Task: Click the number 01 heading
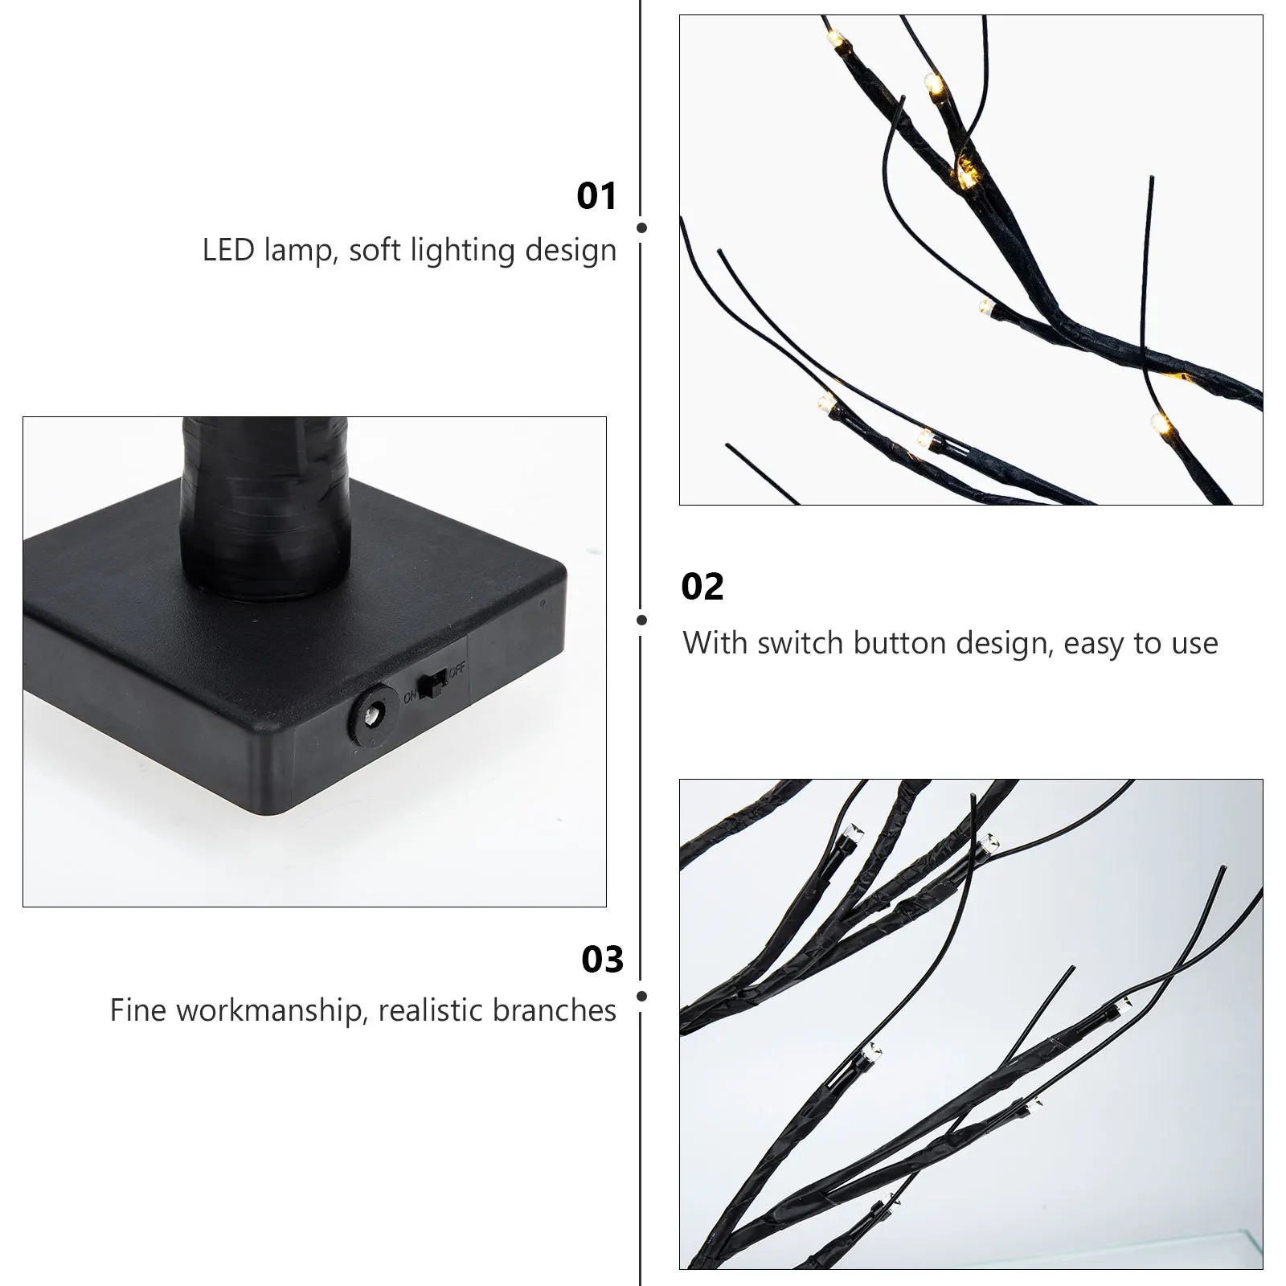[596, 197]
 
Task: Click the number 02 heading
[702, 588]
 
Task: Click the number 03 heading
[602, 960]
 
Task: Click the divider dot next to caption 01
[641, 228]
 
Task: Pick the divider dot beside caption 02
[641, 620]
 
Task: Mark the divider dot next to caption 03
[641, 996]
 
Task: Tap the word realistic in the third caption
[431, 1010]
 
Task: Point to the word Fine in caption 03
[138, 1010]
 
